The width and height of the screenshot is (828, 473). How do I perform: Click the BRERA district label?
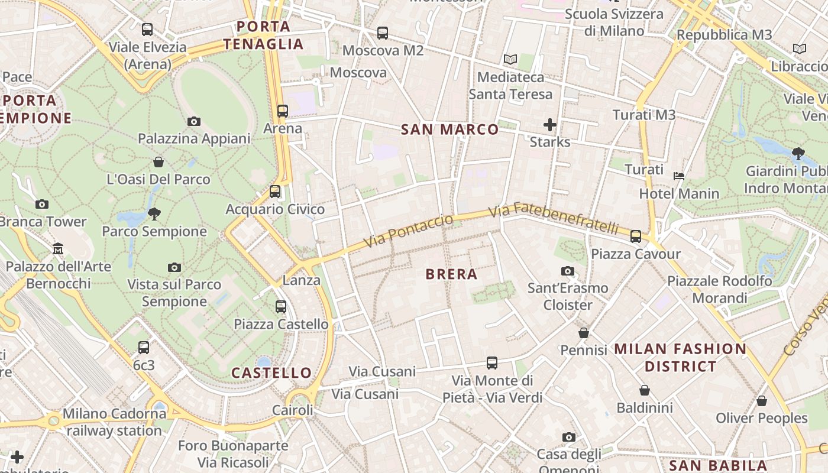click(x=451, y=274)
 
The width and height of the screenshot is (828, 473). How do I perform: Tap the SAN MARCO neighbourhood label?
click(x=450, y=129)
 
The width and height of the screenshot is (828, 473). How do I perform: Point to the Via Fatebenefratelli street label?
click(x=554, y=218)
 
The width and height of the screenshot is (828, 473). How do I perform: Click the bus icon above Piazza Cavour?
click(x=636, y=237)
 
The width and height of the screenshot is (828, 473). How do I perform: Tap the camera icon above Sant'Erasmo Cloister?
click(x=568, y=271)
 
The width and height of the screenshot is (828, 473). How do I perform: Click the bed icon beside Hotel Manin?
click(x=679, y=176)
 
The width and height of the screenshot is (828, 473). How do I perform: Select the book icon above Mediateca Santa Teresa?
click(x=510, y=60)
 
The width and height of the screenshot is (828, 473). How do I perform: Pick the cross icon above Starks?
click(x=550, y=125)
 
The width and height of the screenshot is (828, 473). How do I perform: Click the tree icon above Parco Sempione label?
click(x=154, y=213)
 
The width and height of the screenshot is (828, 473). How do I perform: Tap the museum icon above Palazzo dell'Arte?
click(x=58, y=249)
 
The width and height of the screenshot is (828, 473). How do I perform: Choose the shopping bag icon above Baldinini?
click(x=645, y=390)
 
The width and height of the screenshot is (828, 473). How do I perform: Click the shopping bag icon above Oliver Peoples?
click(x=762, y=401)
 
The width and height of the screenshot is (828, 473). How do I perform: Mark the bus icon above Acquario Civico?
click(x=275, y=192)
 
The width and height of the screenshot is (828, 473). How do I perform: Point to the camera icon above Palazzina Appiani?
click(x=193, y=121)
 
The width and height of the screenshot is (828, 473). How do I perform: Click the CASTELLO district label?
click(x=271, y=373)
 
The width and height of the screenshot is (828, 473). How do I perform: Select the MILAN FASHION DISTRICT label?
click(x=680, y=358)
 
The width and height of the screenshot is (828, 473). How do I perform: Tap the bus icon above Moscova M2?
click(x=383, y=33)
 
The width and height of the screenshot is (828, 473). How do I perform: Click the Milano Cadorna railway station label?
click(x=114, y=422)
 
